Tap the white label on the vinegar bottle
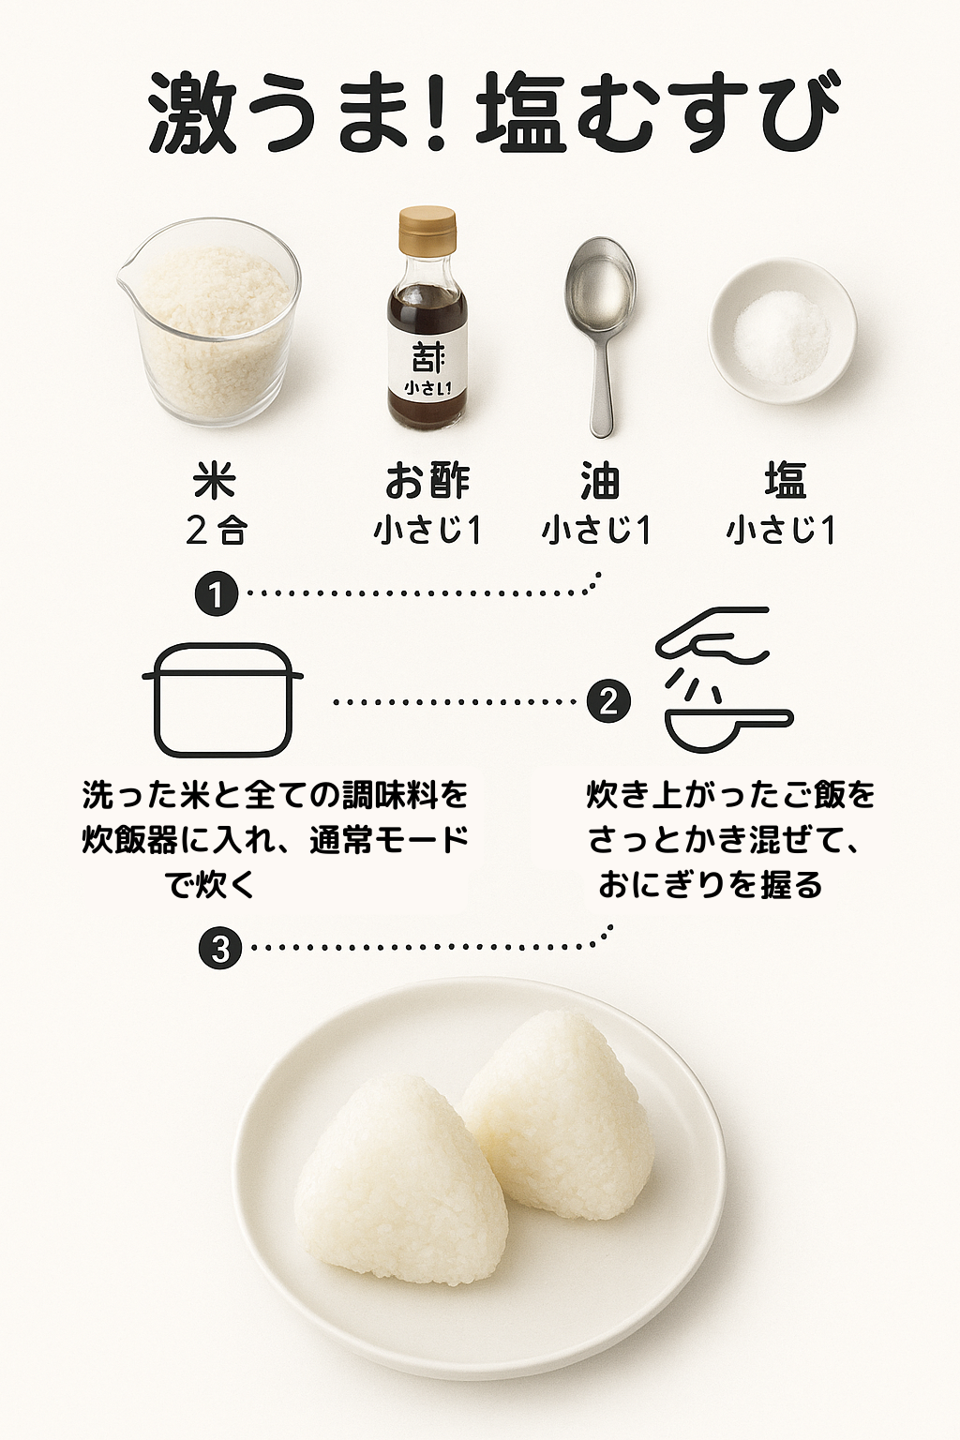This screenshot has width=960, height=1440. pyautogui.click(x=427, y=367)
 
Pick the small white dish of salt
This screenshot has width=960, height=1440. pyautogui.click(x=783, y=330)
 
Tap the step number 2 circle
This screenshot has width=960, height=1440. pyautogui.click(x=608, y=701)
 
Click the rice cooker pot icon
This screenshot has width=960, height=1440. pyautogui.click(x=222, y=700)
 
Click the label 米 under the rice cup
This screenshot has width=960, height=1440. pyautogui.click(x=215, y=482)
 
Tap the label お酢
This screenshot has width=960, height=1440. pyautogui.click(x=427, y=482)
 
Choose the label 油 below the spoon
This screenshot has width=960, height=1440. pyautogui.click(x=599, y=482)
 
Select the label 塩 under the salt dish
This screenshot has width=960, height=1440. pyautogui.click(x=785, y=482)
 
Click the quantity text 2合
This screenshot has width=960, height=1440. pyautogui.click(x=216, y=532)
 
